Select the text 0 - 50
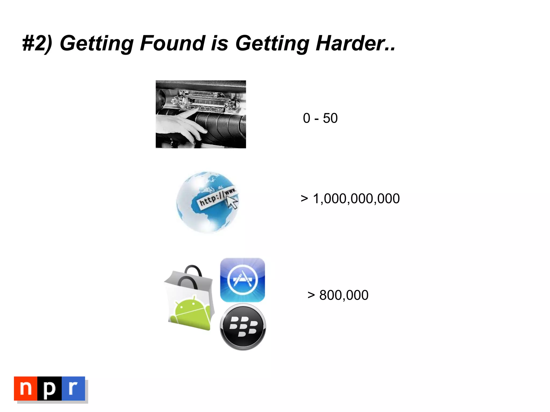(320, 118)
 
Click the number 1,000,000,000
(356, 199)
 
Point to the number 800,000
(344, 295)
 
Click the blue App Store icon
(243, 280)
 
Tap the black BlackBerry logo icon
(243, 327)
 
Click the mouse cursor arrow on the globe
(232, 202)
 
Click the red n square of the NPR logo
(26, 388)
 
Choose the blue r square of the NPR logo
(73, 388)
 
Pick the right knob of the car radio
(230, 104)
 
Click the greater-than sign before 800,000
(311, 295)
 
